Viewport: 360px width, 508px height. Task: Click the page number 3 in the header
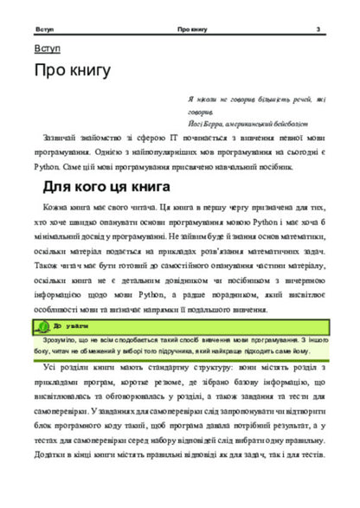point(318,29)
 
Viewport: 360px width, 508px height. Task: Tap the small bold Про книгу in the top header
point(190,29)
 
